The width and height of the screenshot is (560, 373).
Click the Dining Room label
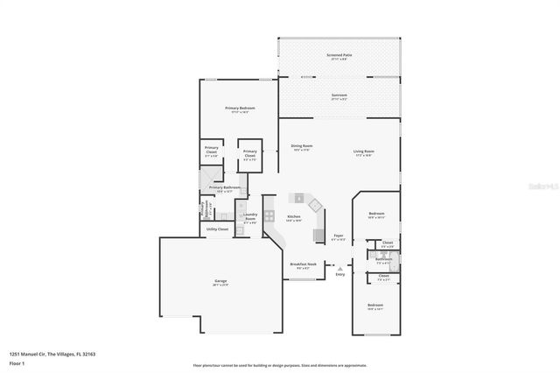[x=302, y=147]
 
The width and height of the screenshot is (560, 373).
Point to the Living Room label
[x=364, y=153]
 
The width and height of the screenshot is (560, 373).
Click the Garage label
[x=220, y=283]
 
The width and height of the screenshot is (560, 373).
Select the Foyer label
[x=339, y=236]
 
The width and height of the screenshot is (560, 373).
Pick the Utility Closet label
[x=216, y=229]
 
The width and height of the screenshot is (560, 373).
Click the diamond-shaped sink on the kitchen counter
[x=298, y=197]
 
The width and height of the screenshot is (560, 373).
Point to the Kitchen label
[x=294, y=218]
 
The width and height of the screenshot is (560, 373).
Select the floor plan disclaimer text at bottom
[x=280, y=365]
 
